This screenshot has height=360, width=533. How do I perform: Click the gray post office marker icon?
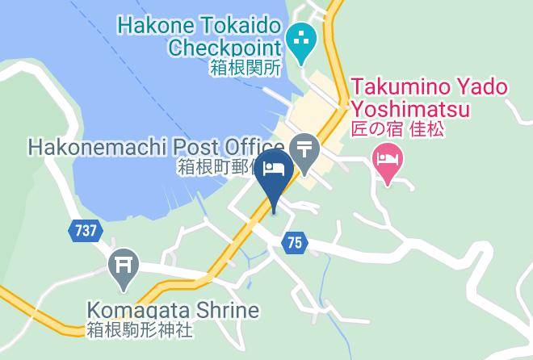pos(304,152)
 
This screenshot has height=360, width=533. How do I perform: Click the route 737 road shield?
pos(84,231)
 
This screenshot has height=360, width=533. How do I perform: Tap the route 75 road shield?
pos(295,241)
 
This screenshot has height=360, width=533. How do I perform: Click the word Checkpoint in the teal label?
pos(225,47)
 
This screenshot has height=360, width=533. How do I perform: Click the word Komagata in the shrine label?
pos(138,311)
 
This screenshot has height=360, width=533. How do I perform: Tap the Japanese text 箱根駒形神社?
pos(140,329)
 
